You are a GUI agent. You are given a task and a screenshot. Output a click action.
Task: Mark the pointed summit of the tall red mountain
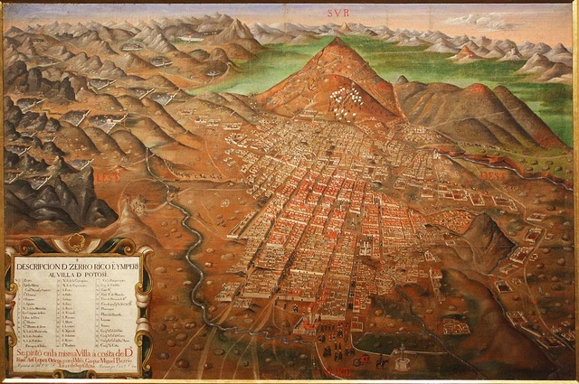click(x=336, y=41)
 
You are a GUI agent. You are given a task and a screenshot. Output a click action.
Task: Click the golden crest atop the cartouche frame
click(x=77, y=243)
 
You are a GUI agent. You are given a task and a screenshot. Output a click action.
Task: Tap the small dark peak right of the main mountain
click(x=402, y=80)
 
